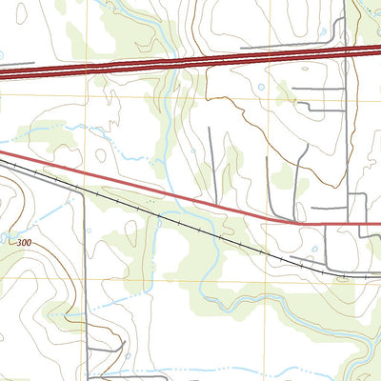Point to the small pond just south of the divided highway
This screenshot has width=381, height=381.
point(260,88)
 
